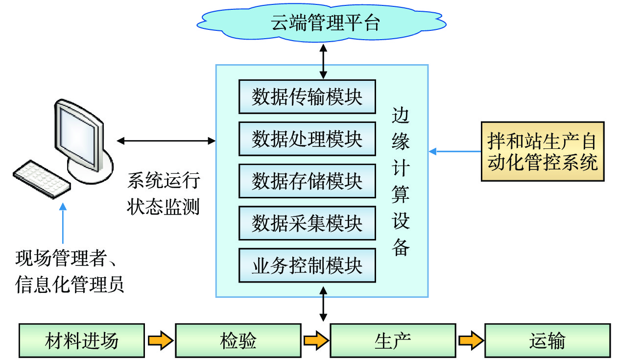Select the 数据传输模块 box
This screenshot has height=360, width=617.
tap(307, 97)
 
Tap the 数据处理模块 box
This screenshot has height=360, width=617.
tap(307, 139)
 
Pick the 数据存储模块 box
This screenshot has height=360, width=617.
tap(307, 181)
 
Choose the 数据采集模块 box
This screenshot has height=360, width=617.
tap(307, 223)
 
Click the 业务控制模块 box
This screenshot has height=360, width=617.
tap(307, 265)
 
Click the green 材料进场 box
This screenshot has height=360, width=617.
tap(82, 340)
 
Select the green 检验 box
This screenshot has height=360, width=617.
tap(238, 340)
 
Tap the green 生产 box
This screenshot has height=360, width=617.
tap(393, 340)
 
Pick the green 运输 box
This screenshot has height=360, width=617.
tap(547, 340)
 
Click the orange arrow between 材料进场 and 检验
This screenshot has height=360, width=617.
tap(160, 340)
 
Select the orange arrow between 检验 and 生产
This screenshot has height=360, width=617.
tap(315, 340)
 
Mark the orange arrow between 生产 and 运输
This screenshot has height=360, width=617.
tap(470, 340)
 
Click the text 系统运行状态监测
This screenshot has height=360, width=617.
tap(164, 193)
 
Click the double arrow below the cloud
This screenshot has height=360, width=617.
tap(323, 61)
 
